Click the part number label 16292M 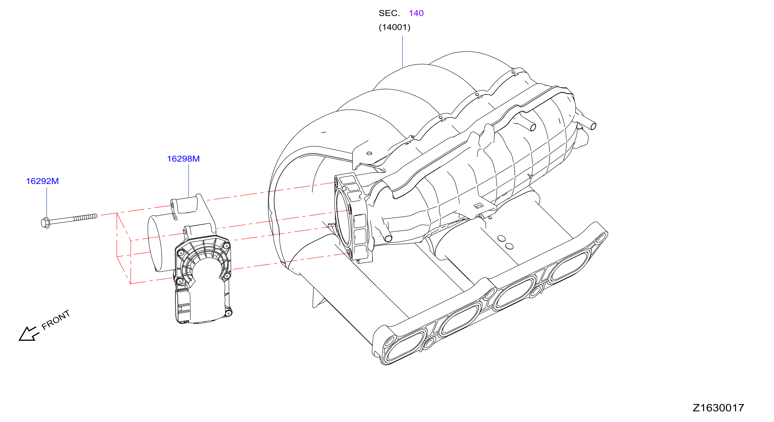coord(42,181)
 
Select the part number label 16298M coord(183,159)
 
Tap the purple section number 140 coord(416,13)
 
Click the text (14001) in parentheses coord(394,27)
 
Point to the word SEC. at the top coord(389,13)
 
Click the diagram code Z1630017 coord(718,408)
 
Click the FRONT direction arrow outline coord(28,334)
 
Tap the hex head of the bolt coord(45,223)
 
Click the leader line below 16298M coord(189,181)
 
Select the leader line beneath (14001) coord(402,51)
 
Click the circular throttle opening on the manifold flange coord(343,217)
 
